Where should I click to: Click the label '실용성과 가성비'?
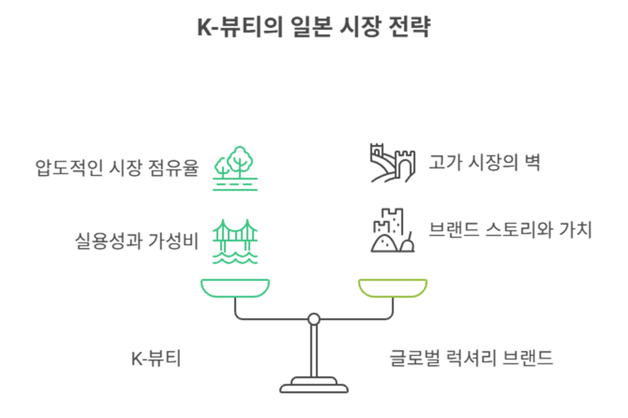pos(136,241)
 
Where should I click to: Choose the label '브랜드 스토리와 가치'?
pos(510,230)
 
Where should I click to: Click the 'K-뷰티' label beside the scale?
pos(156,359)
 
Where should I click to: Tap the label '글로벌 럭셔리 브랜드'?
pos(471,358)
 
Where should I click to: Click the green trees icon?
pos(235,168)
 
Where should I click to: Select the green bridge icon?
pos(235,241)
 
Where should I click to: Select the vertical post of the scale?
pos(314,351)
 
